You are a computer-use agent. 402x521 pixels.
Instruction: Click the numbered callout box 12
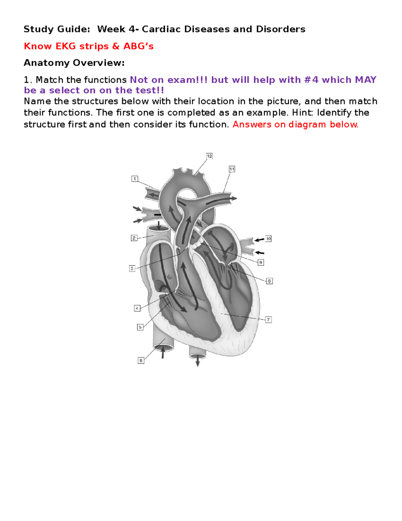209,156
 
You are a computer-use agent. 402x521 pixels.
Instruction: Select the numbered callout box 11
232,169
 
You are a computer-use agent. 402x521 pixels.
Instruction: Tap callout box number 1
135,179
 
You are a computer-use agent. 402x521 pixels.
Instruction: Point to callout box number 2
134,238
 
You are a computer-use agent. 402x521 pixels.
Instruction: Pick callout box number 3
132,268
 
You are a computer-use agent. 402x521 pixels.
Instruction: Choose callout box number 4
137,308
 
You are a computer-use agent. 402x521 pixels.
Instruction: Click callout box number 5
140,327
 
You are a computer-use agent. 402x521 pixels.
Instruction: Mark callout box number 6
141,360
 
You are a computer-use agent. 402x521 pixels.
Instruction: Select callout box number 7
268,320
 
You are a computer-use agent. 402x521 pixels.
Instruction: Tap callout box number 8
269,281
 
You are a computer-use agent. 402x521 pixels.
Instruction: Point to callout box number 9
261,262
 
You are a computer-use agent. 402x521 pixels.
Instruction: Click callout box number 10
268,239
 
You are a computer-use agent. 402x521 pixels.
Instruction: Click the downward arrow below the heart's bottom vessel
198,361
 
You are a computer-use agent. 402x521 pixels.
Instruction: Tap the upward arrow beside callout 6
163,353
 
